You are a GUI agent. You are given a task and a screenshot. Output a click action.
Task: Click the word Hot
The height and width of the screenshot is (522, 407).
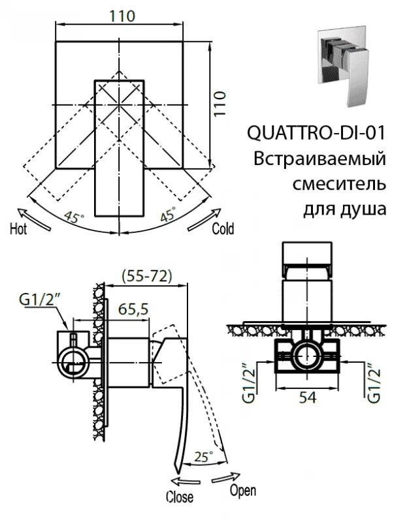click(18, 229)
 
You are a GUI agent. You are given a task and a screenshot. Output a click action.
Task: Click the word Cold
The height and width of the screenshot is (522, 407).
click(223, 229)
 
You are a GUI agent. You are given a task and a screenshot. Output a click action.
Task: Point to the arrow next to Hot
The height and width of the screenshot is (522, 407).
click(33, 217)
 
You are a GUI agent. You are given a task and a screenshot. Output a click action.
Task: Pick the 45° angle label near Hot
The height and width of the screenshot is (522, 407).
click(74, 217)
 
